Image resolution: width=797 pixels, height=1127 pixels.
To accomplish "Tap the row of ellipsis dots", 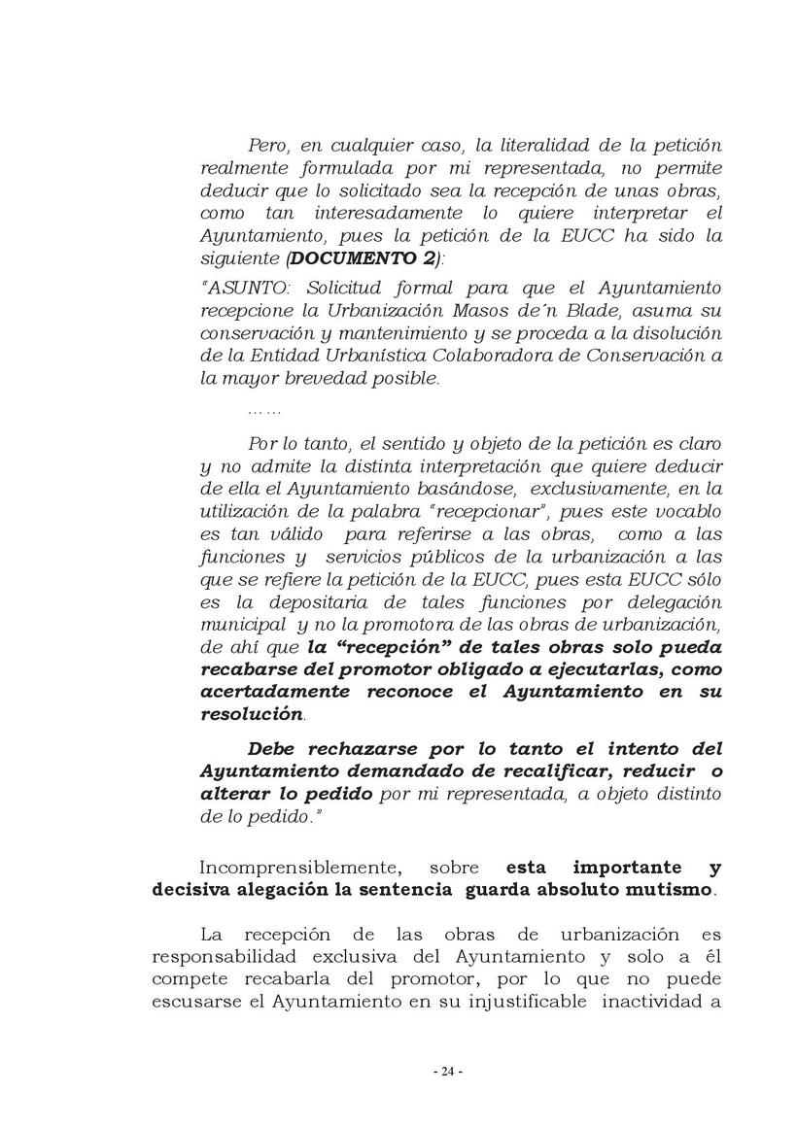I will point(264,413).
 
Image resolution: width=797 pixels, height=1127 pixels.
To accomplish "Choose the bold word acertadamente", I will point(263,692).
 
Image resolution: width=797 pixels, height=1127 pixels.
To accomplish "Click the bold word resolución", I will point(251,714).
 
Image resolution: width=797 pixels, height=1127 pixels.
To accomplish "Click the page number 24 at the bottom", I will point(447,1072).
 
